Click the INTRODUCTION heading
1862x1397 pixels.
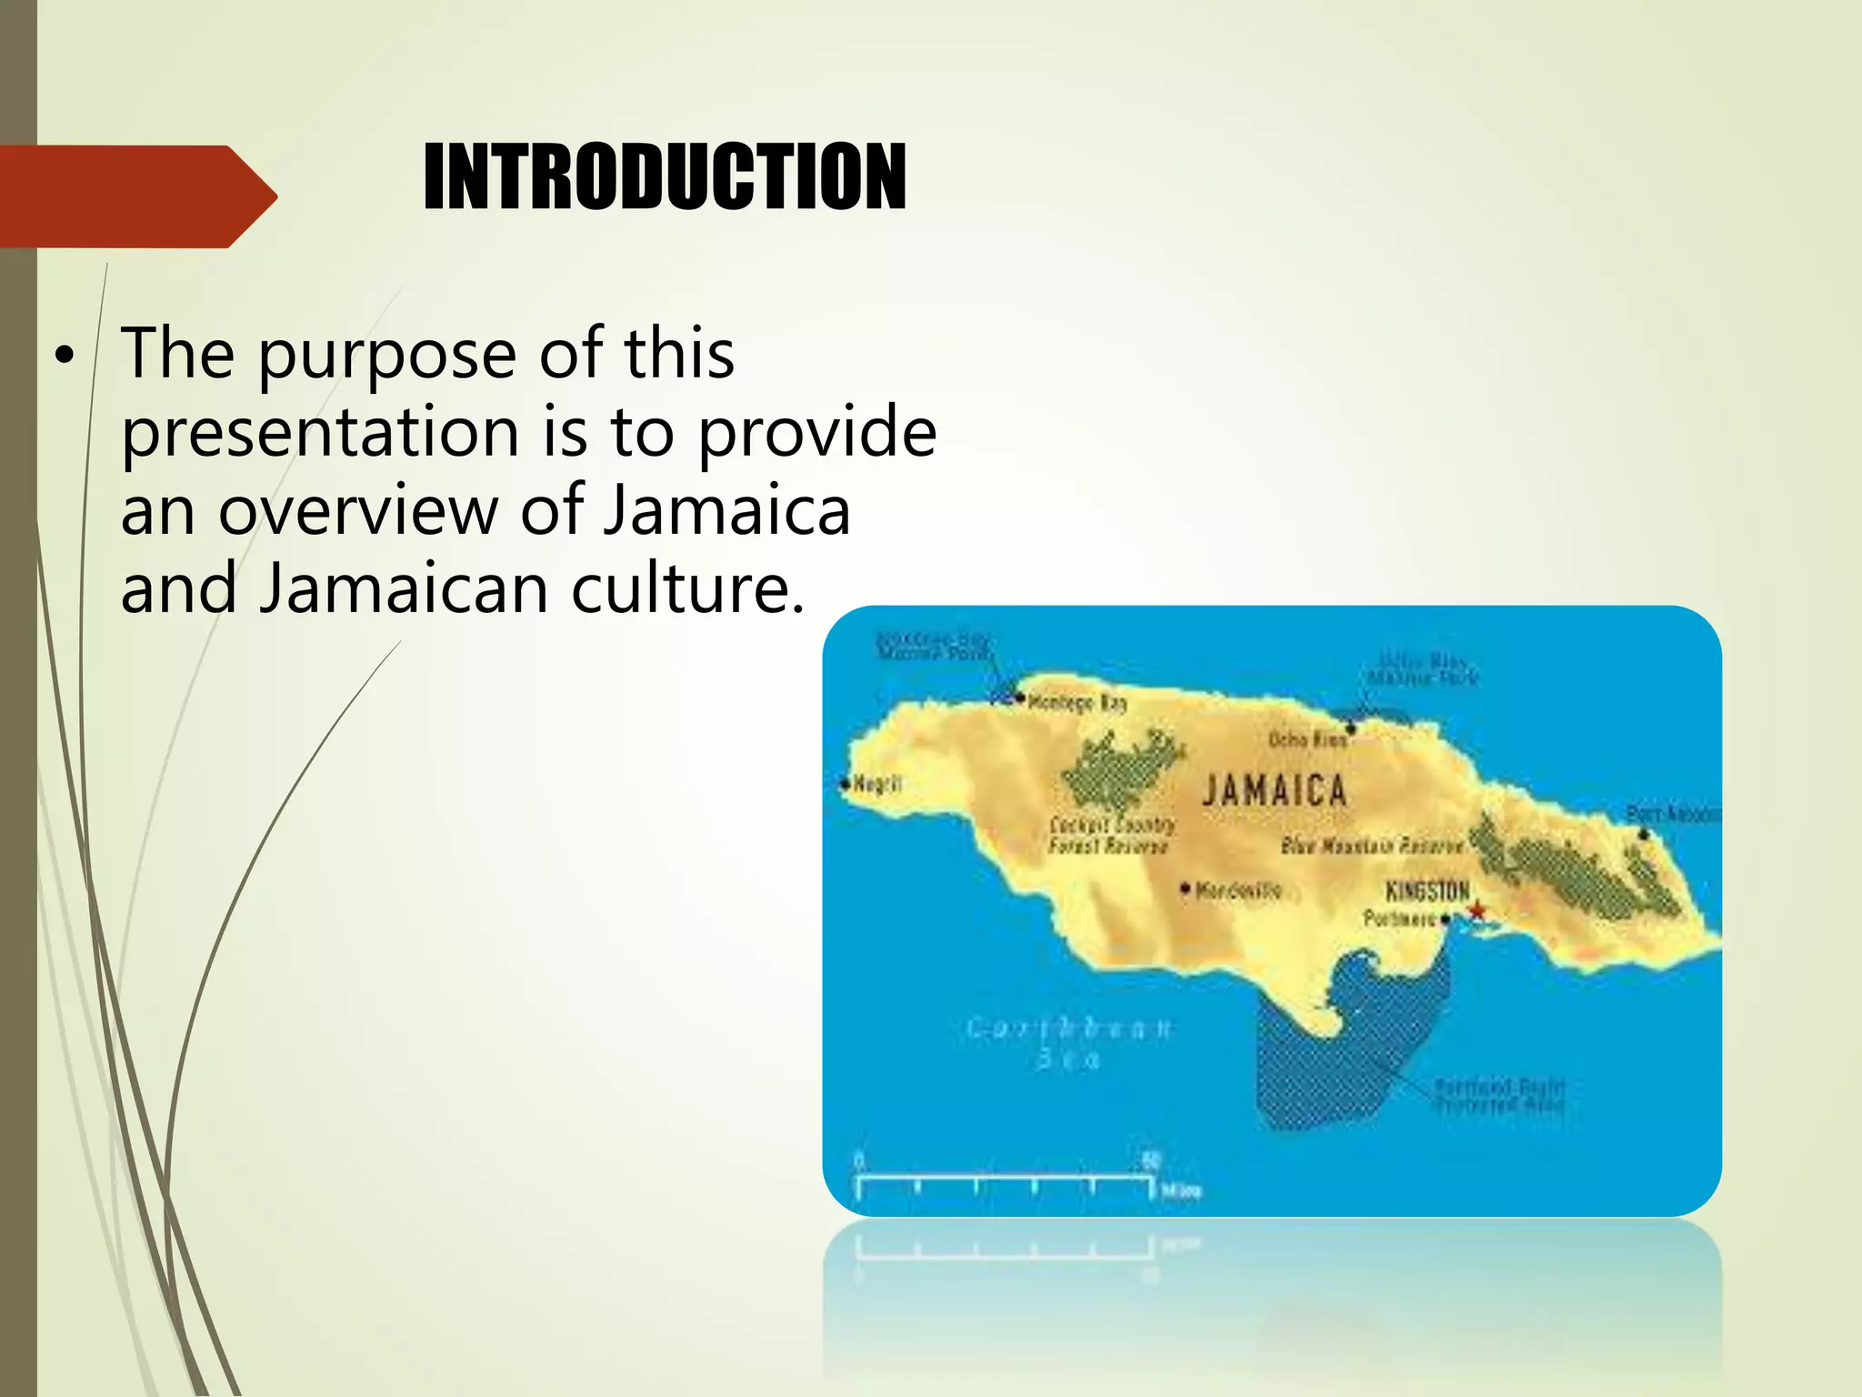point(665,178)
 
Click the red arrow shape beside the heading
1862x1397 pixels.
point(136,196)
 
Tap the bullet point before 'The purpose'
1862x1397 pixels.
point(62,357)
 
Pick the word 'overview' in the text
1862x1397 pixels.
point(357,511)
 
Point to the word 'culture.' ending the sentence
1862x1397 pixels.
point(688,589)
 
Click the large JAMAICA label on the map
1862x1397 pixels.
point(1275,790)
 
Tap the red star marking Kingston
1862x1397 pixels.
point(1477,910)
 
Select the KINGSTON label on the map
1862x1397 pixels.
point(1427,890)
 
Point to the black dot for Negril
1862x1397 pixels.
point(846,782)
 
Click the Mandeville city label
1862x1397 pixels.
point(1238,890)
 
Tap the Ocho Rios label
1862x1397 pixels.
point(1307,740)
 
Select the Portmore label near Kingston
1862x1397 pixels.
point(1399,919)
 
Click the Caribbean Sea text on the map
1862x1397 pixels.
point(1069,1043)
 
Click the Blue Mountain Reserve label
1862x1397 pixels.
point(1371,846)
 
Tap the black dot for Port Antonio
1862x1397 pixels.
point(1643,834)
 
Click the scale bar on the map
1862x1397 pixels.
point(1005,1181)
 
